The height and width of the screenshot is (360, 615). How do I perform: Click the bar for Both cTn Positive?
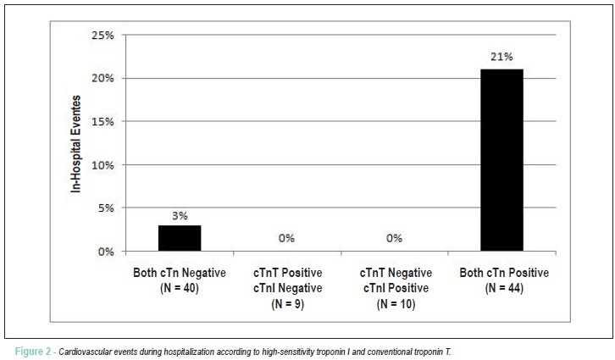(501, 160)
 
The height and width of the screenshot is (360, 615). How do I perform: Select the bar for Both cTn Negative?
(180, 238)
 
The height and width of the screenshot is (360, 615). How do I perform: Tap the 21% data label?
(501, 57)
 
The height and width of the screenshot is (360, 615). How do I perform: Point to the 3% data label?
(180, 216)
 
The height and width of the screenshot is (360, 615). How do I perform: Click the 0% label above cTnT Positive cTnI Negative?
(286, 238)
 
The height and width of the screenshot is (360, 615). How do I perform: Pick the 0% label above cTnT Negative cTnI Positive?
(394, 238)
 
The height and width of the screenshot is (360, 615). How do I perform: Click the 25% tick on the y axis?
(102, 36)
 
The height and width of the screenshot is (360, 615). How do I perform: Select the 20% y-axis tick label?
(102, 79)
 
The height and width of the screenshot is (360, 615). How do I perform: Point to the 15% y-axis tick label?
(102, 122)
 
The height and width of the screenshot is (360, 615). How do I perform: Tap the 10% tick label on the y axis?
(102, 165)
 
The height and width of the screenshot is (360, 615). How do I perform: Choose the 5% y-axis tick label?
(106, 208)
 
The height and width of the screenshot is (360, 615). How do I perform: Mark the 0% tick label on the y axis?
(106, 252)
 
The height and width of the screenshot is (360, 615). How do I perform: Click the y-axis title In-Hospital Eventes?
(75, 144)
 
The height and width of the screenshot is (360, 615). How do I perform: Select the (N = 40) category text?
(180, 288)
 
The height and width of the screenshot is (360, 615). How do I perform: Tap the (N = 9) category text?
(287, 304)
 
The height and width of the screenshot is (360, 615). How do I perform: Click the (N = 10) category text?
(396, 304)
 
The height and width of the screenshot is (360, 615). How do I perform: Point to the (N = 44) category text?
(504, 288)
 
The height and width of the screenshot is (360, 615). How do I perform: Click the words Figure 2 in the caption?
(33, 352)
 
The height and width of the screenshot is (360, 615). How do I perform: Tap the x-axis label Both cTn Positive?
(504, 273)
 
